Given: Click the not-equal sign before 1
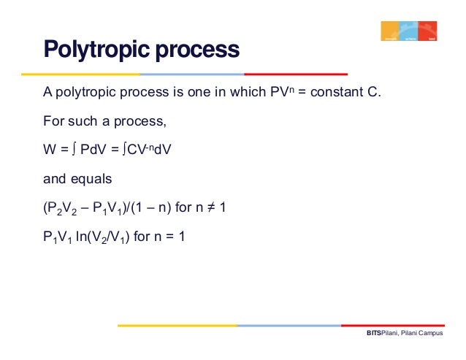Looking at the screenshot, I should (x=214, y=207).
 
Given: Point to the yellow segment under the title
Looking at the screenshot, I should (x=80, y=74).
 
